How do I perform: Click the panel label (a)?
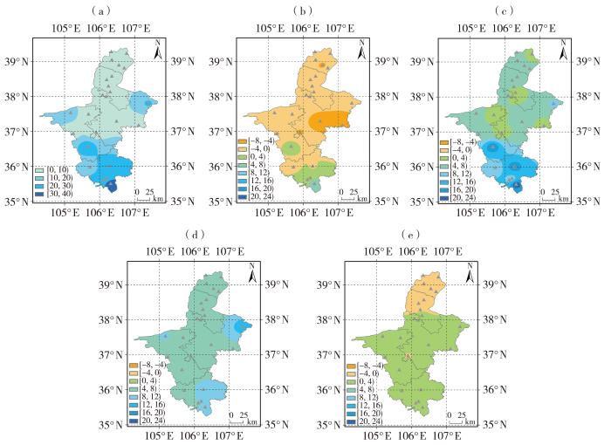pos(100,10)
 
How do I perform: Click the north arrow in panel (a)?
pos(158,50)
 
